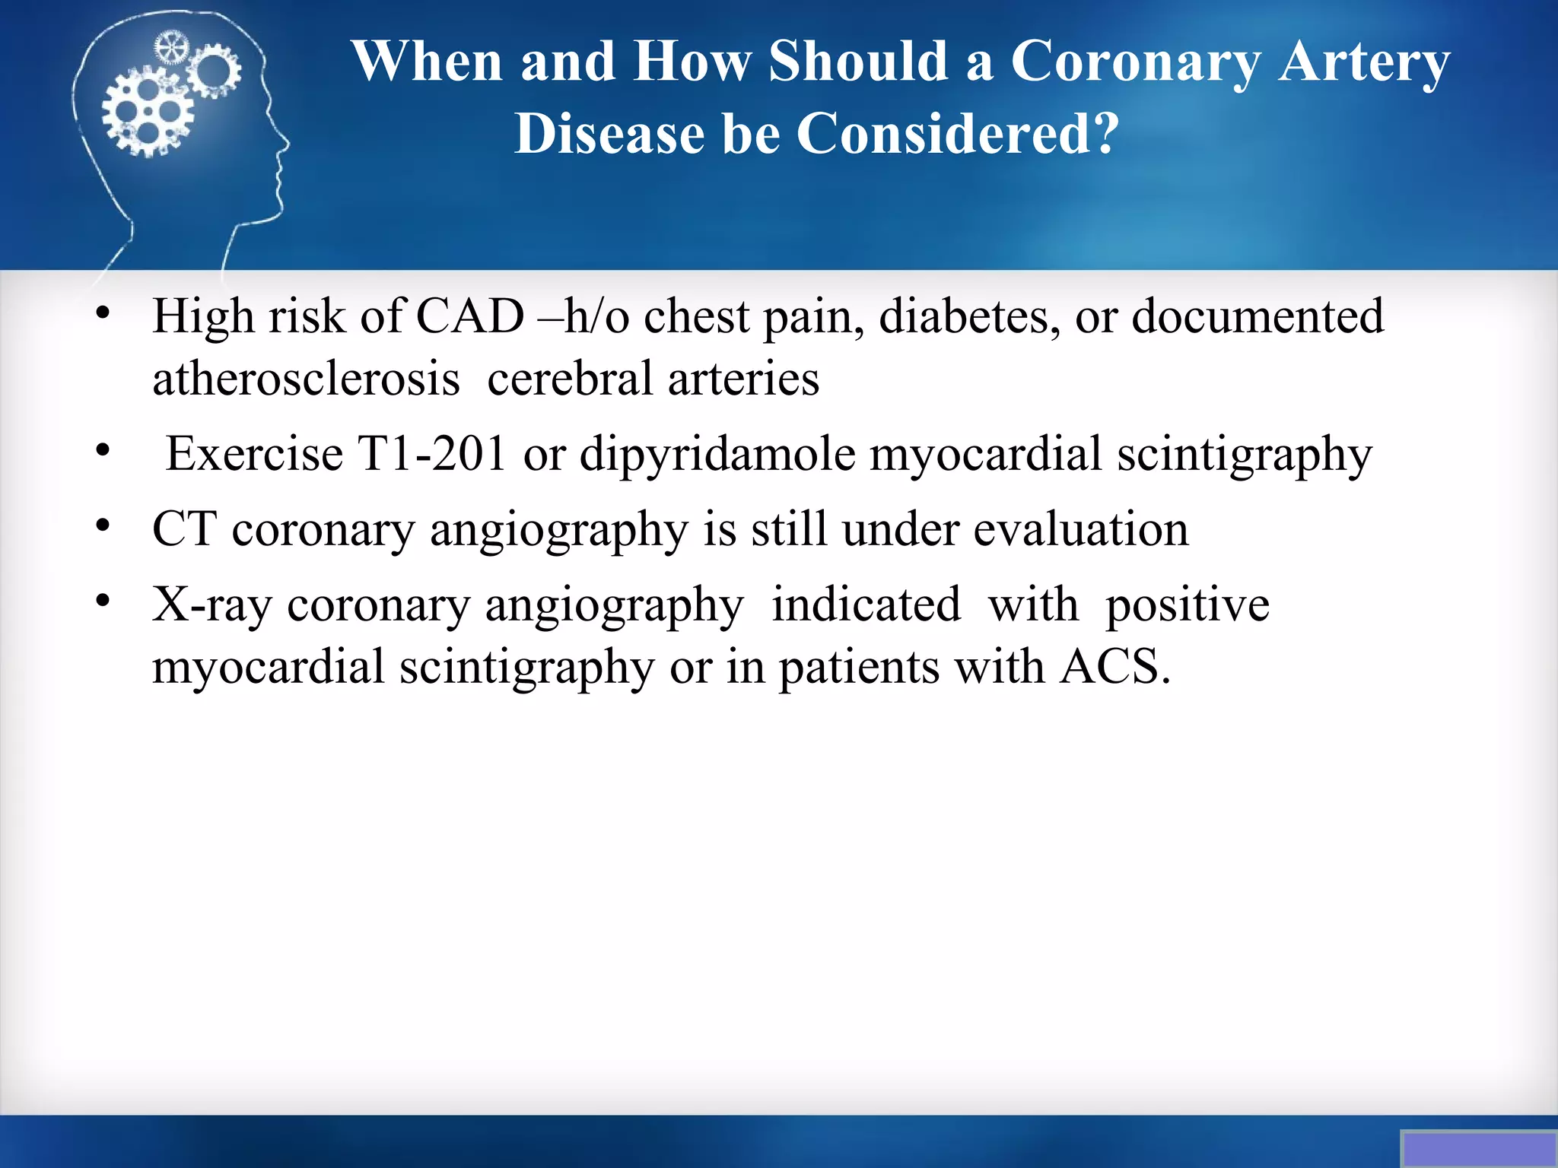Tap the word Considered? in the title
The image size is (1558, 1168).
958,135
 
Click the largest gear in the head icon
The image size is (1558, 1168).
148,112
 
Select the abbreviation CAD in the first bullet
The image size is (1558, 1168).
470,316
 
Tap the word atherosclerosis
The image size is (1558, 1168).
306,379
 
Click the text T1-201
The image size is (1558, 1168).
432,454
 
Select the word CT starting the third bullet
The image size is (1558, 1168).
184,529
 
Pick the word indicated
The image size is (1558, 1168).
866,606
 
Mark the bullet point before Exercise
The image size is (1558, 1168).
103,451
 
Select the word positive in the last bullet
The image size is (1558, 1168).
1187,606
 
